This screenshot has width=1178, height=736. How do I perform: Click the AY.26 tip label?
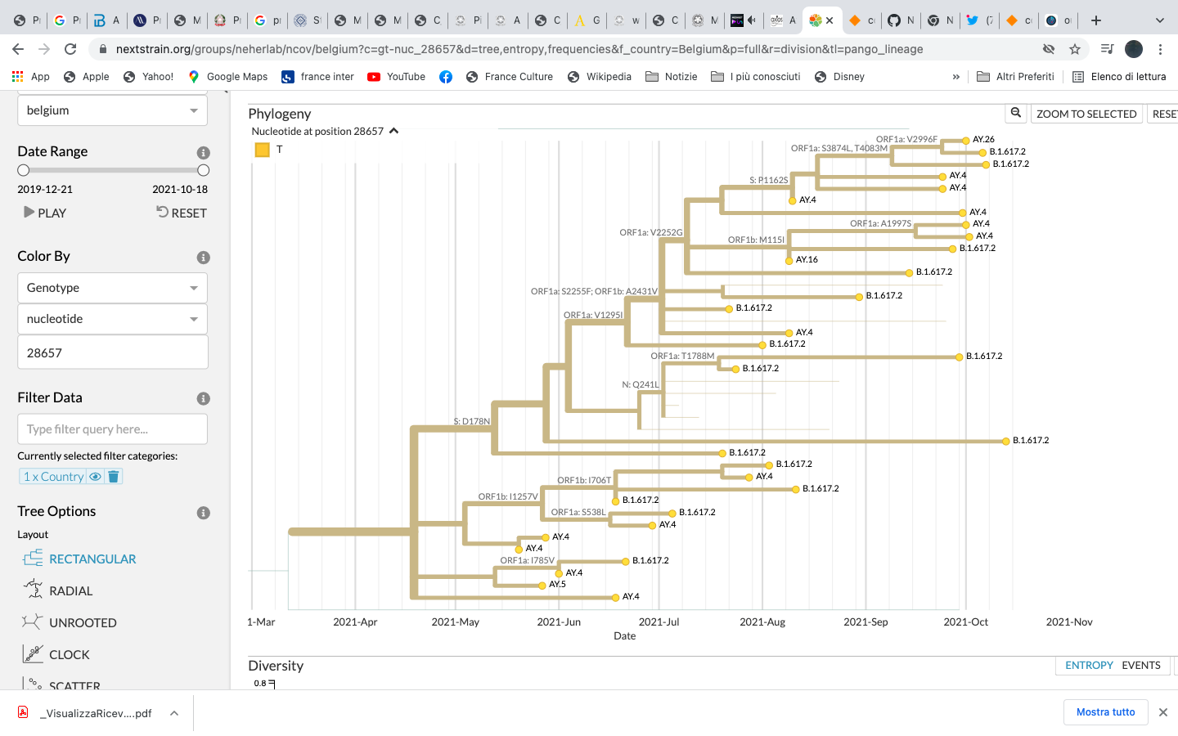(983, 140)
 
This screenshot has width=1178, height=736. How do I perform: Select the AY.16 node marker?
(789, 260)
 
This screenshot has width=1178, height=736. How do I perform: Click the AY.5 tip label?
(557, 585)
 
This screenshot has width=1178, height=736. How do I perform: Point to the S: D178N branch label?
(471, 422)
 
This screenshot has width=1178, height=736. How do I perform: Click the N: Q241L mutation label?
(640, 384)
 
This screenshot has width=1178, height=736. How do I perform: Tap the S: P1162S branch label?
(768, 180)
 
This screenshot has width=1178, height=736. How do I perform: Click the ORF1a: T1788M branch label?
(682, 356)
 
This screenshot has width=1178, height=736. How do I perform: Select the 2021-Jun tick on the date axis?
(559, 622)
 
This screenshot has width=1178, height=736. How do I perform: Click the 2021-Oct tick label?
(965, 622)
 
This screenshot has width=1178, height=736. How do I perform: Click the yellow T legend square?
(263, 150)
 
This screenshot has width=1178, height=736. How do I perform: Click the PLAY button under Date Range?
(45, 213)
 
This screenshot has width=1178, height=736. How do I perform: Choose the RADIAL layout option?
(70, 591)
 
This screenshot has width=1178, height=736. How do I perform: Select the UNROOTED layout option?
(82, 623)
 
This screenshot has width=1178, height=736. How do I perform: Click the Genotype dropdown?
(112, 288)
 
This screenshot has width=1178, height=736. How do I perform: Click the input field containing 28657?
(112, 353)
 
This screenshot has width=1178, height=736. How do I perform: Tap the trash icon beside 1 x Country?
(114, 477)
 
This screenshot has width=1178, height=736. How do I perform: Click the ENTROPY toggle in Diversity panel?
(1089, 666)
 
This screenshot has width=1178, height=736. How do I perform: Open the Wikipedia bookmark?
(608, 77)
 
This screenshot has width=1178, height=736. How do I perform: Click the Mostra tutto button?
(1105, 712)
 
